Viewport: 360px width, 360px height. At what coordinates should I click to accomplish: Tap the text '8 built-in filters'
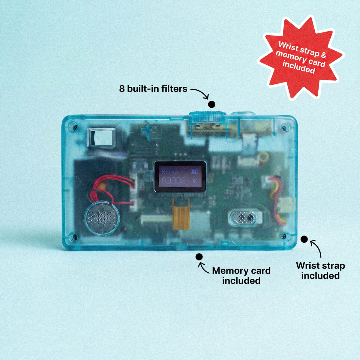(153, 89)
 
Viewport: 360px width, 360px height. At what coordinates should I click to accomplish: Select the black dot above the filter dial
(212, 104)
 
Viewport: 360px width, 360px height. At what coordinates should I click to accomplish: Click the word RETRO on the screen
(169, 172)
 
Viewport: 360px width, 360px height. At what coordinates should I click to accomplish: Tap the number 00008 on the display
(174, 181)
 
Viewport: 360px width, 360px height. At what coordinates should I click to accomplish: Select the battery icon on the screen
(195, 172)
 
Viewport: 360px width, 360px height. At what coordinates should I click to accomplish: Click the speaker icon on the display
(195, 181)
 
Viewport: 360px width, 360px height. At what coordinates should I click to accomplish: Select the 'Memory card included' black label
(241, 276)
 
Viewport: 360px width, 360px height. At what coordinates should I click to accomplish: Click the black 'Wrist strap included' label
(320, 271)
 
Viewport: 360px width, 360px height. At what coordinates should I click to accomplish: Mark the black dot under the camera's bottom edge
(199, 257)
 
